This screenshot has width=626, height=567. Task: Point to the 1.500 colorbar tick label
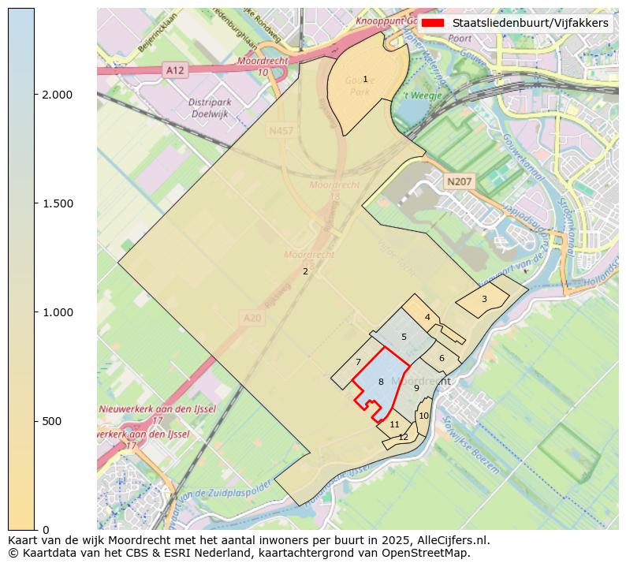click(x=56, y=203)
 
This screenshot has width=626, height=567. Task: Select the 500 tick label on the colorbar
click(x=53, y=421)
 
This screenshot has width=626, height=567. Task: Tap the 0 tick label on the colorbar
click(x=45, y=530)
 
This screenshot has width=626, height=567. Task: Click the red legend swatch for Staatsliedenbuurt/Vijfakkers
click(x=432, y=23)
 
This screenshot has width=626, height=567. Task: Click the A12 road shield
click(x=174, y=71)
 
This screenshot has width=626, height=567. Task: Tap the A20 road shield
click(x=251, y=318)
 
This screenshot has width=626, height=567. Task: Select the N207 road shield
click(x=459, y=182)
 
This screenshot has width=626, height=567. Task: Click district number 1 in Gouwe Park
click(x=365, y=79)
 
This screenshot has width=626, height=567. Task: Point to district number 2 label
click(x=305, y=271)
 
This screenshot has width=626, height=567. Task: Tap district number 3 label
click(x=484, y=299)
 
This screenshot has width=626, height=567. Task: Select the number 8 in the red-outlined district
click(x=381, y=382)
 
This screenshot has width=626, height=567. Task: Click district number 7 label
click(x=358, y=362)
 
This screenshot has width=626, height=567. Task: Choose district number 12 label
click(x=403, y=437)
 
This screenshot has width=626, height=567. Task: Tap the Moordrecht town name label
click(x=431, y=381)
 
